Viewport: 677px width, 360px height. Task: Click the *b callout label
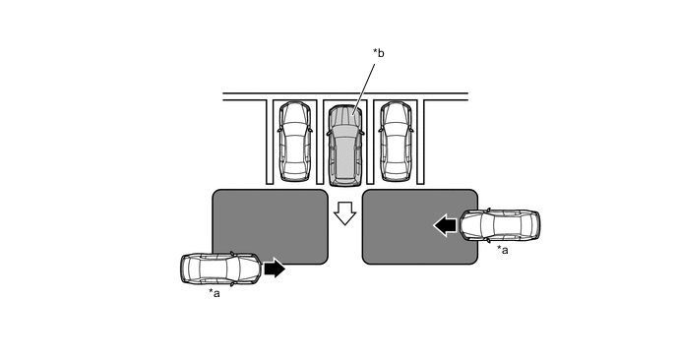coord(379,53)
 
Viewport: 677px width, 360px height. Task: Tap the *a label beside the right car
coord(503,250)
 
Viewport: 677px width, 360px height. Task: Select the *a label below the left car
coord(215,293)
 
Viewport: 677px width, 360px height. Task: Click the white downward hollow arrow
coord(345,212)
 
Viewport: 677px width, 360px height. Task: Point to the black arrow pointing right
coord(275,269)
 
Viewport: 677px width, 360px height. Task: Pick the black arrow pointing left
coord(445,225)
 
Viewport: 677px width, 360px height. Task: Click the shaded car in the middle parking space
coord(345,146)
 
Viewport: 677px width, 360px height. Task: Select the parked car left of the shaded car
coord(295,142)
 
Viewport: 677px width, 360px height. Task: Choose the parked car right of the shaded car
coord(396,142)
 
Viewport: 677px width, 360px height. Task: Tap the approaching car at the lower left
coord(220,269)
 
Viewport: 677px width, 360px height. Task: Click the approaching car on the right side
coord(500,225)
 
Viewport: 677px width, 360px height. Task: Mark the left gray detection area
coord(271,226)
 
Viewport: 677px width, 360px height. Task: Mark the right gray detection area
coord(420,226)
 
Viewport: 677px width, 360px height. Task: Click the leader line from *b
coord(363,90)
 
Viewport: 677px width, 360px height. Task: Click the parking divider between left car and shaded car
coord(320,142)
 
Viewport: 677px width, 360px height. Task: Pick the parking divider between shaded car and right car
coord(370,142)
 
